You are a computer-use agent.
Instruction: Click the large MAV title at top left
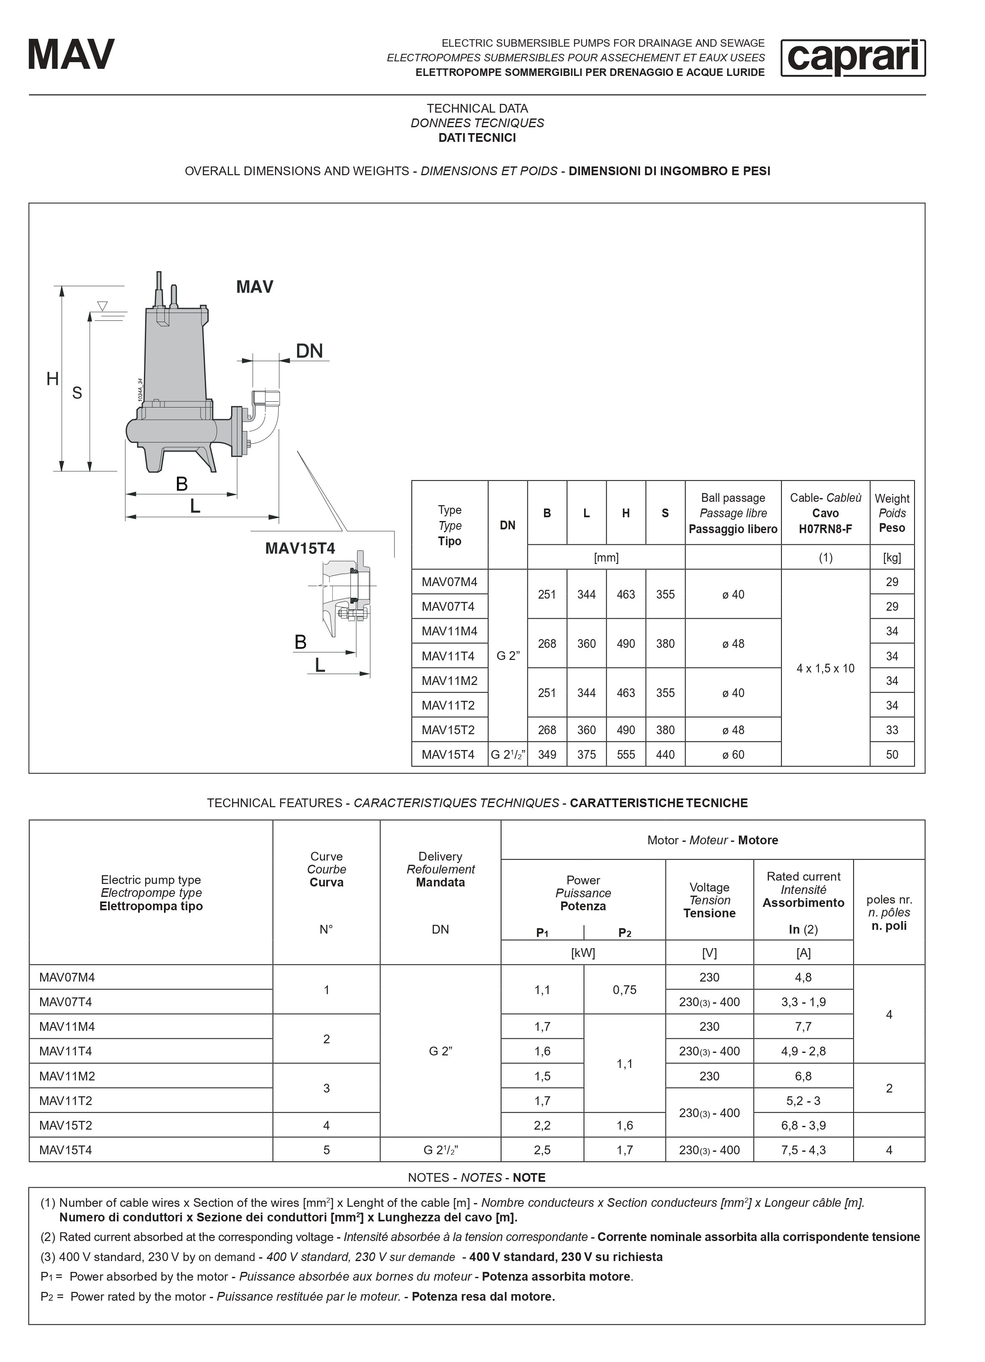click(71, 55)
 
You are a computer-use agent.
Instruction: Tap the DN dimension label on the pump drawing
click(309, 351)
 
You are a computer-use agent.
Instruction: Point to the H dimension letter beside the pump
click(53, 379)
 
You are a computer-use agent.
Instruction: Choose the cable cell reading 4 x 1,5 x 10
click(825, 668)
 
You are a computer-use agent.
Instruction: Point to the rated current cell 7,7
click(803, 1026)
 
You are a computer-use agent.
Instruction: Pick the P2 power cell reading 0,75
click(625, 989)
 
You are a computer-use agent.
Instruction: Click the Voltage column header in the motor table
click(709, 900)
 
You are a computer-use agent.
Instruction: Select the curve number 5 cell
click(326, 1150)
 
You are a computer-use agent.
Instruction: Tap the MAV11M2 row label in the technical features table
click(67, 1076)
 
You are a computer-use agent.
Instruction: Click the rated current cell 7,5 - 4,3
click(803, 1150)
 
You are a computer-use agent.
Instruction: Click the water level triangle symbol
click(103, 306)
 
